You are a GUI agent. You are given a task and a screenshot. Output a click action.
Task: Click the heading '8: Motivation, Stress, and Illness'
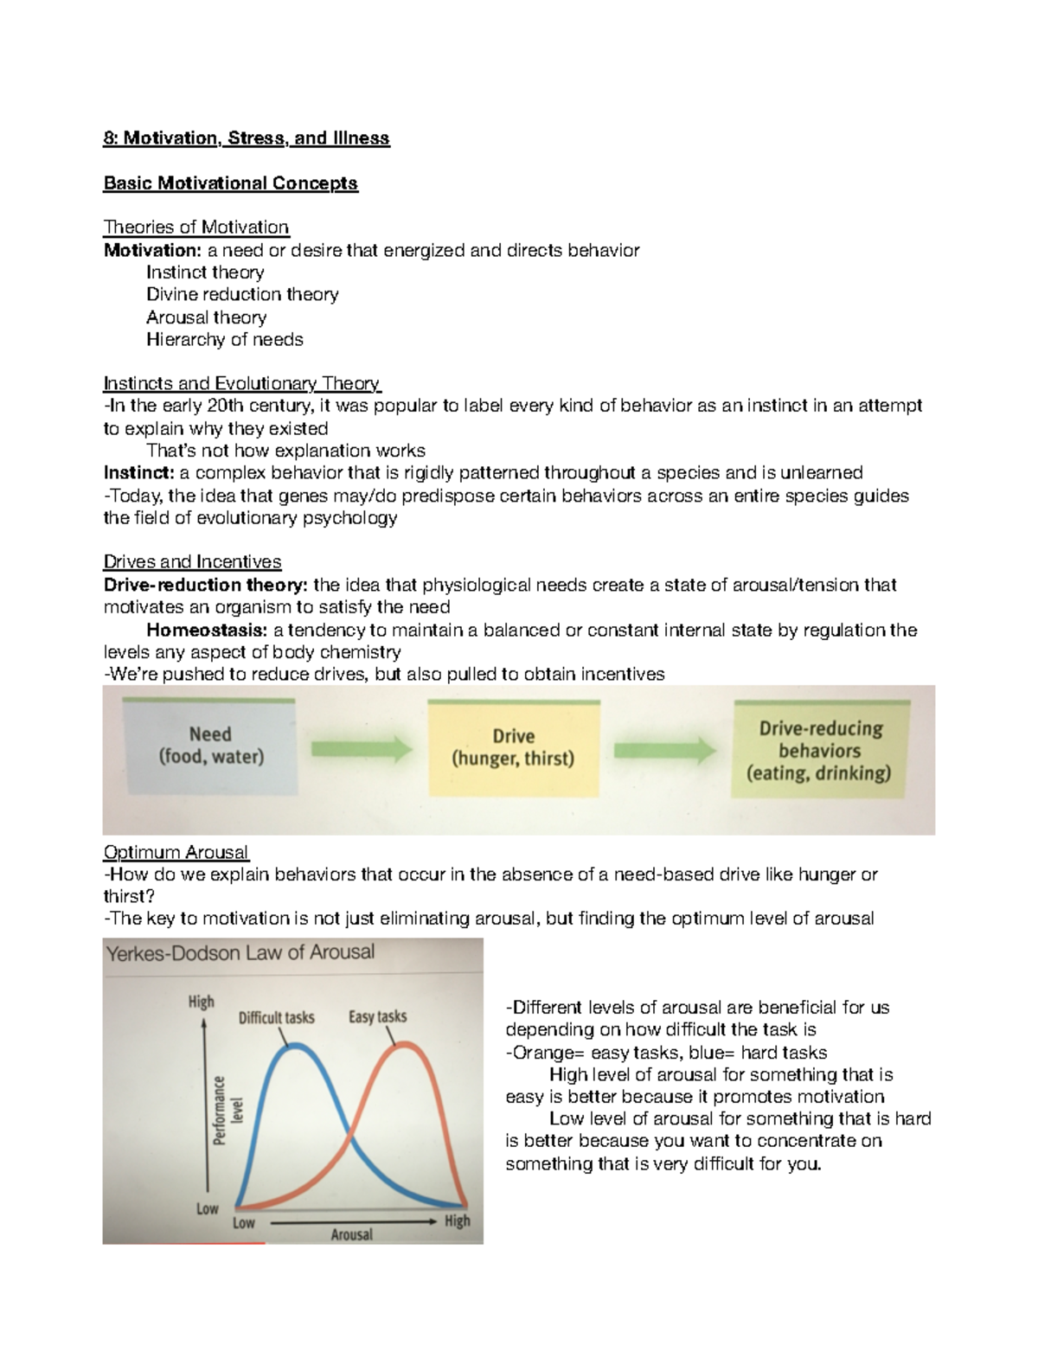tap(247, 138)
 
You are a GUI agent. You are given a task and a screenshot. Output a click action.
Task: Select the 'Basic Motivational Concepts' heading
tap(230, 183)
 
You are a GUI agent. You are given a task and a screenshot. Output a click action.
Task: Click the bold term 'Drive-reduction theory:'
tap(206, 585)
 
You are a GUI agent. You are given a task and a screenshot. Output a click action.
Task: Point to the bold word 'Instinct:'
tap(139, 472)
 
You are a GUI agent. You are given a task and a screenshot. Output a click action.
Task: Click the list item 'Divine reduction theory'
tap(242, 294)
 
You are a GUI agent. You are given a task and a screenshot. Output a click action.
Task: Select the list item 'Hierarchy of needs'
tap(225, 339)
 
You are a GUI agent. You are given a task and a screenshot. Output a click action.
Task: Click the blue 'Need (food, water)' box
tap(210, 746)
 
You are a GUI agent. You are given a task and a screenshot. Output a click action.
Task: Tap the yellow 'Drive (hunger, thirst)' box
tap(513, 747)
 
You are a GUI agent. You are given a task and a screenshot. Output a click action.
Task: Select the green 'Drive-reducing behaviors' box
tap(819, 750)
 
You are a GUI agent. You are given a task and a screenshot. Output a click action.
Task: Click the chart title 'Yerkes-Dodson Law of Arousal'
tap(240, 952)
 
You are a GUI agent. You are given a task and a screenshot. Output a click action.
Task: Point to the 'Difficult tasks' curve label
tap(277, 1017)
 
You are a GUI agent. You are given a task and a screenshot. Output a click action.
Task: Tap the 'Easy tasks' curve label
tap(377, 1016)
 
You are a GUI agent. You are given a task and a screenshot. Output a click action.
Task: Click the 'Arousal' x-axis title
tap(351, 1234)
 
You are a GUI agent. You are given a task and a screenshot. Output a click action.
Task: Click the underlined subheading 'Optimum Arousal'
tap(176, 852)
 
